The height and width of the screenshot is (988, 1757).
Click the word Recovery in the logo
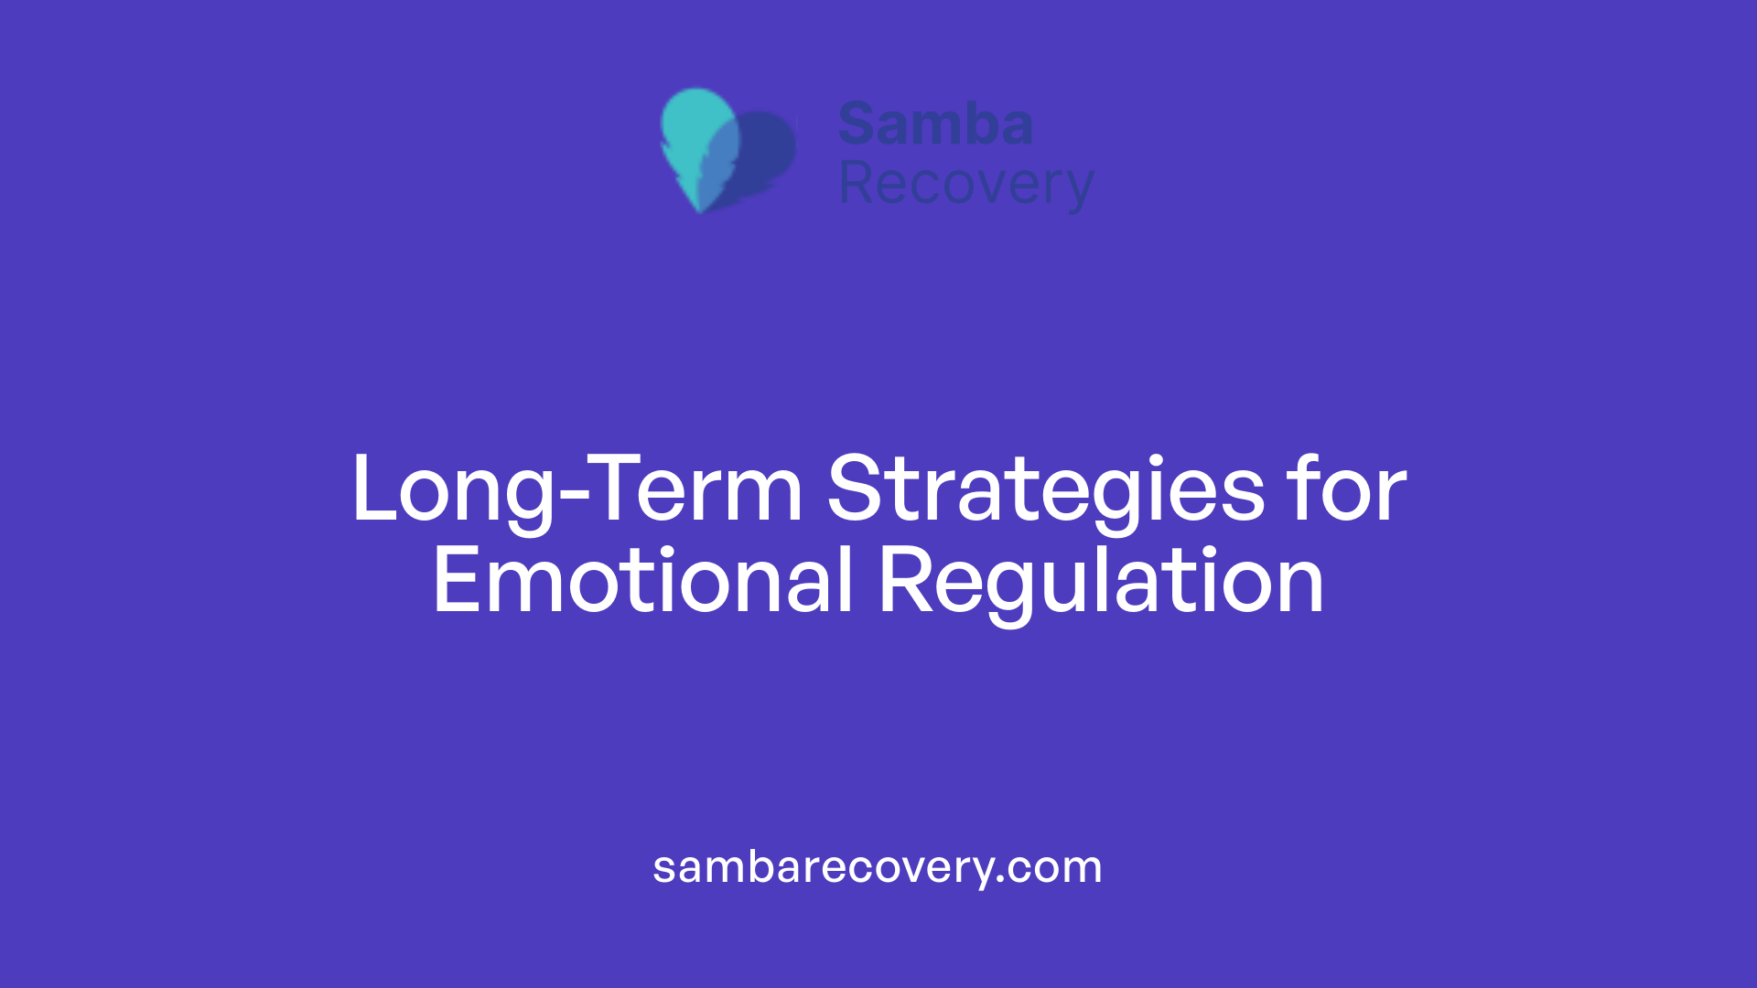click(x=965, y=185)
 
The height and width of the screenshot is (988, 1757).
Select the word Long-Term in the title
click(x=577, y=489)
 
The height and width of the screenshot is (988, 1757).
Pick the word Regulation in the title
click(x=1101, y=581)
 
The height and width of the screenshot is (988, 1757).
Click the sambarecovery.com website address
click(x=878, y=866)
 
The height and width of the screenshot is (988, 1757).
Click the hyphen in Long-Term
click(x=573, y=499)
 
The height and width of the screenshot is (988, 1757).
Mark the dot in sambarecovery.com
click(x=1001, y=880)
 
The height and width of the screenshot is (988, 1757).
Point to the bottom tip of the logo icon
click(x=700, y=209)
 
